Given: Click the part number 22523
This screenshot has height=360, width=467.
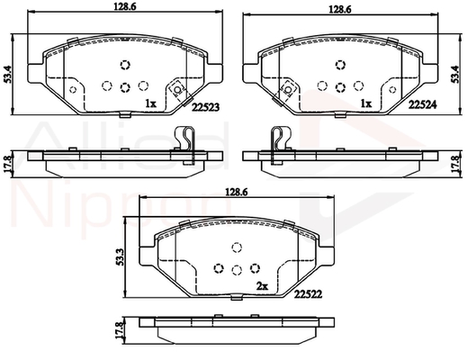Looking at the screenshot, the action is pyautogui.click(x=206, y=107).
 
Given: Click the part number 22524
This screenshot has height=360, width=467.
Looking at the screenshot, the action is pyautogui.click(x=423, y=104).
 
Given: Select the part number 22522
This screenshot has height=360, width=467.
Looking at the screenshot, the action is pyautogui.click(x=308, y=294).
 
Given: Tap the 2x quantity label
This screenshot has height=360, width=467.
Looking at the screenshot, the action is pyautogui.click(x=262, y=287).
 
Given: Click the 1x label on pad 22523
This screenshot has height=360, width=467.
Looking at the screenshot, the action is pyautogui.click(x=150, y=103).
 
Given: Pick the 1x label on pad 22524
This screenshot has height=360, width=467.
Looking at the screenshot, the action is pyautogui.click(x=366, y=103).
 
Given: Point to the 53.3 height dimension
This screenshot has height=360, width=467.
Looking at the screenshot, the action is pyautogui.click(x=119, y=257).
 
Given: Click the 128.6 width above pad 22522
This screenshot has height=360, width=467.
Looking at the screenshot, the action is pyautogui.click(x=237, y=193).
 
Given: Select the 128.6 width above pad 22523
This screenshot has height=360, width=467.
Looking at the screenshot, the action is pyautogui.click(x=125, y=6).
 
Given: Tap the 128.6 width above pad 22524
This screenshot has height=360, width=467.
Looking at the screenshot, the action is pyautogui.click(x=340, y=10).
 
